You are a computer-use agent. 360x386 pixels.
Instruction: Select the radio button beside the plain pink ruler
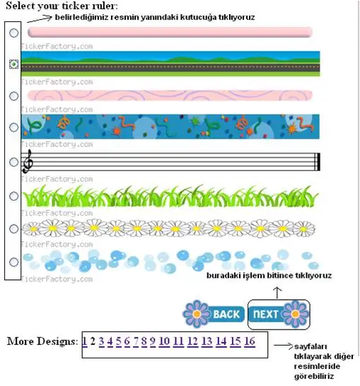(x=13, y=33)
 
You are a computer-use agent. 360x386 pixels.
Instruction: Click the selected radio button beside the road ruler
(x=14, y=64)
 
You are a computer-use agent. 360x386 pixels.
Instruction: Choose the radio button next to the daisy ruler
(x=13, y=228)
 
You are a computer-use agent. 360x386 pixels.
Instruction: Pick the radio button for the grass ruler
(x=13, y=196)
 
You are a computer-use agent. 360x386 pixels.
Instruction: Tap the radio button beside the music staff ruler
(x=13, y=162)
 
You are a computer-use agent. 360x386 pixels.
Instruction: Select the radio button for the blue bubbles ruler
(x=13, y=262)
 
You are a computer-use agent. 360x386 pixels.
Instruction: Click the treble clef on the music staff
(x=28, y=161)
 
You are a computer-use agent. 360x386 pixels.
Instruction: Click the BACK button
(x=214, y=314)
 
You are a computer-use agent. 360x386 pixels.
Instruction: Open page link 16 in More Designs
(x=250, y=341)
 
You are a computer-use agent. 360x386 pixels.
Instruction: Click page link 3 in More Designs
(x=101, y=341)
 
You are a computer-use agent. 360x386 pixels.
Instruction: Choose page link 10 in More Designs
(x=164, y=341)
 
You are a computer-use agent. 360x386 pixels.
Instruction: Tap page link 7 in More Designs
(x=136, y=341)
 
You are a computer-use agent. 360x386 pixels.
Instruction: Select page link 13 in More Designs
(x=207, y=341)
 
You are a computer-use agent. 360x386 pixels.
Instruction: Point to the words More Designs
(x=42, y=341)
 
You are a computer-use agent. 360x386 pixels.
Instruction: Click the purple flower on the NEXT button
(x=295, y=314)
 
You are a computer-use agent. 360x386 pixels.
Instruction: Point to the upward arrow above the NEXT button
(x=277, y=293)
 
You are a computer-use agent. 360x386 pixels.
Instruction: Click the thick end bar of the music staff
(x=319, y=162)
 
